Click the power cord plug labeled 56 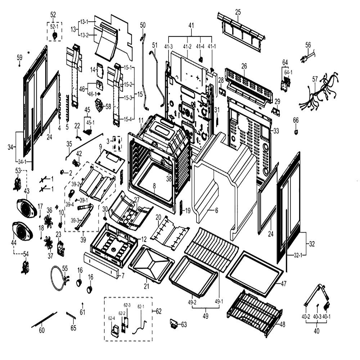coord(307,57)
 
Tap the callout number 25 coord(238,12)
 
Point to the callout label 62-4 coord(112,318)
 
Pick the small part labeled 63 coord(174,323)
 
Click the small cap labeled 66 coord(296,132)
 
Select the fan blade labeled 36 coord(49,221)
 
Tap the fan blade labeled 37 coord(49,244)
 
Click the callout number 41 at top coord(191,26)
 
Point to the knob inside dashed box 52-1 coord(55,36)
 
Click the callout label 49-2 coord(192,302)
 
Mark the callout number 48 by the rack coord(282,324)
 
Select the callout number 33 coord(276,131)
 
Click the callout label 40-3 coord(317,316)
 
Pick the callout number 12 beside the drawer coord(144,239)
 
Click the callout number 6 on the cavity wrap coord(216,210)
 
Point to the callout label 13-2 coord(84,35)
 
